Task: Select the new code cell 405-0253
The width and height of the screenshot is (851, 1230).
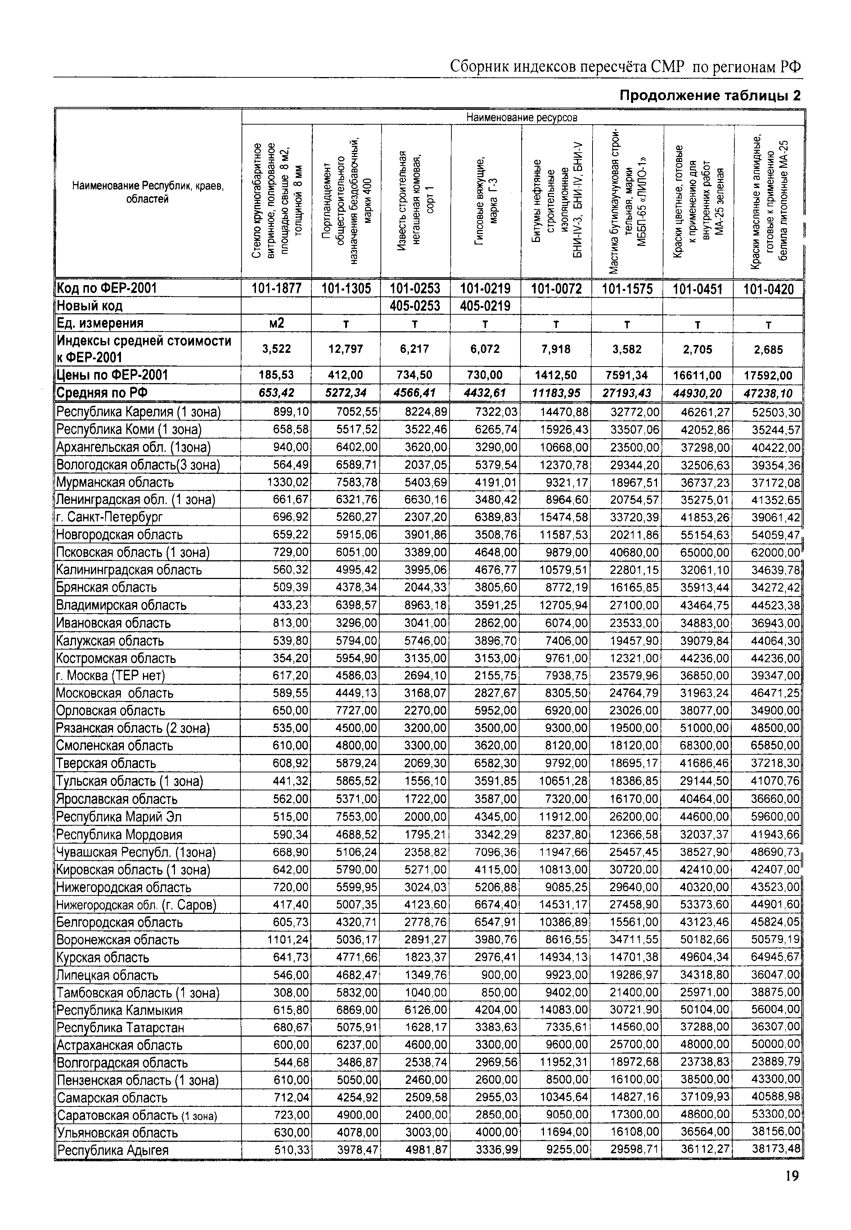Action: (x=415, y=306)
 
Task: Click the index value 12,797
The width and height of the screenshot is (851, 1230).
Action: (x=346, y=349)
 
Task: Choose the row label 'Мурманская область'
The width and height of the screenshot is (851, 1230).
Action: (x=115, y=482)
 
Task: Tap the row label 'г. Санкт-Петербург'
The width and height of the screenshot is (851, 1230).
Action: (x=109, y=517)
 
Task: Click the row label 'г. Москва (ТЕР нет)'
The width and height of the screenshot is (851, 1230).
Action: (x=111, y=676)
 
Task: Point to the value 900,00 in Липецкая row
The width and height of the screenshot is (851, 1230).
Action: (x=499, y=975)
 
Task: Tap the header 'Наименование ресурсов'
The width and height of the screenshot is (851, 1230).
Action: (x=522, y=117)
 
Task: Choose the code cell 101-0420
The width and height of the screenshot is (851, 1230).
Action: (x=768, y=288)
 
